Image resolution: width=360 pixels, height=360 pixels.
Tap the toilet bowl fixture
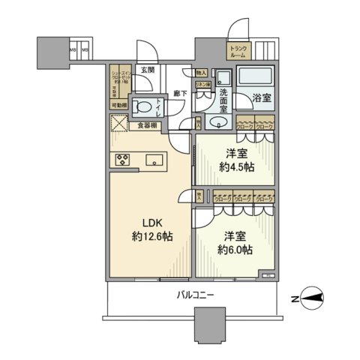142,106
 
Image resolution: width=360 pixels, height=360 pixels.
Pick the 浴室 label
260,98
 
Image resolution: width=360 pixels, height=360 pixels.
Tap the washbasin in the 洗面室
220,122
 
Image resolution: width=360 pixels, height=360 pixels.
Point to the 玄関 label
147,70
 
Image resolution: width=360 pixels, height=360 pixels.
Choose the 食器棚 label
148,125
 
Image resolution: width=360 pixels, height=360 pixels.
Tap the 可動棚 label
118,106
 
